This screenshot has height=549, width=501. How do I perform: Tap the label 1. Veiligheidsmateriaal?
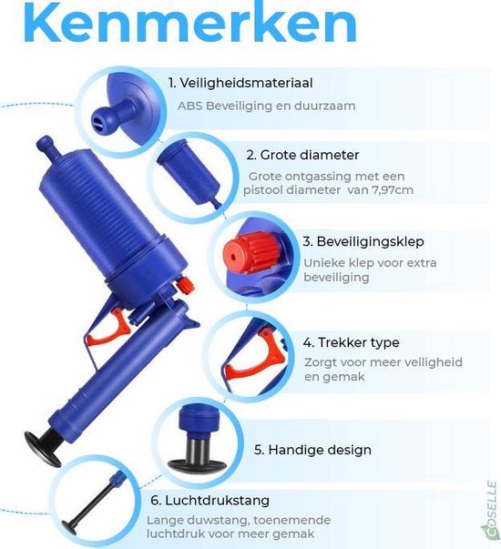coord(240,83)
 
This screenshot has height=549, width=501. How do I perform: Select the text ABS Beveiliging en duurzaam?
coord(266,106)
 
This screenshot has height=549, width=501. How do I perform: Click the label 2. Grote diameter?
coord(302,155)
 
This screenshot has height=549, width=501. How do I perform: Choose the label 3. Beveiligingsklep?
coord(363,241)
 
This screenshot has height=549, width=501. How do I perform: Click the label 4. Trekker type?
coord(351,342)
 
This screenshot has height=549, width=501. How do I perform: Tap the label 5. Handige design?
coord(312,450)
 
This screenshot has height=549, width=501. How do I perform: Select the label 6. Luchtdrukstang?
coord(210,501)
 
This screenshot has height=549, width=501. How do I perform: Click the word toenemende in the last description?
coord(292,520)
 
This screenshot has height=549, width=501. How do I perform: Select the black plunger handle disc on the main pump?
coord(42,449)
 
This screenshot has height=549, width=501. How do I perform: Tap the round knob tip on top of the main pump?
coord(44,143)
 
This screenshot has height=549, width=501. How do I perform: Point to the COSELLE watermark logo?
coord(492,510)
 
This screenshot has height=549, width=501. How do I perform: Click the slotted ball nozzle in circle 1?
coord(103,120)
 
